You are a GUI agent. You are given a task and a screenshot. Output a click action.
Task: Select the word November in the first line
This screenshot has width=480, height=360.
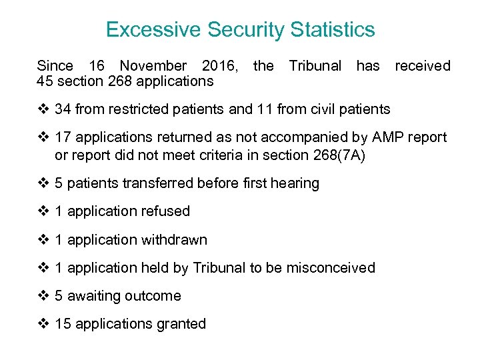[x=153, y=66]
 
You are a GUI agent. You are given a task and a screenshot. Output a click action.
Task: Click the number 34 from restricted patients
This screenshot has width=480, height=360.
[x=63, y=109]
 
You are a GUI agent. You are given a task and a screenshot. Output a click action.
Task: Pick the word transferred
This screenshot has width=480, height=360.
[x=157, y=183]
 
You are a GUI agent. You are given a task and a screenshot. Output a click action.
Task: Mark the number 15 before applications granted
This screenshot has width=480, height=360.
[x=63, y=324]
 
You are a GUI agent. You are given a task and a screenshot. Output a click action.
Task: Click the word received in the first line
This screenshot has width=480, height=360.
[x=423, y=66]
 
